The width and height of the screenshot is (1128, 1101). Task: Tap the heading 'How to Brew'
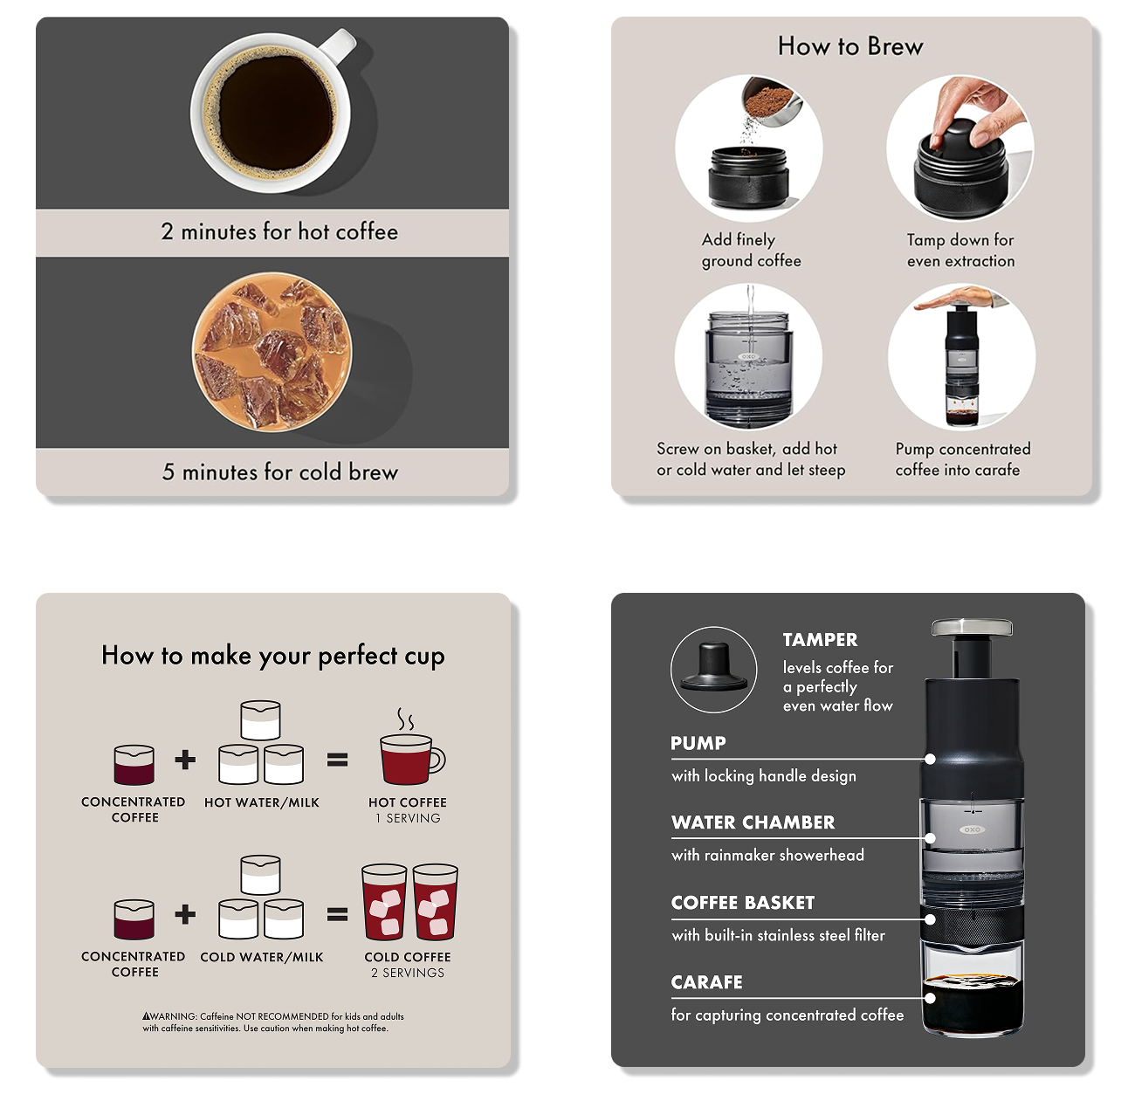pyautogui.click(x=849, y=46)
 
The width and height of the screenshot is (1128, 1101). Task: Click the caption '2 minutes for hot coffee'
pyautogui.click(x=279, y=232)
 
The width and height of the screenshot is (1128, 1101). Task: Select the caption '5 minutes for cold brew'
pyautogui.click(x=280, y=472)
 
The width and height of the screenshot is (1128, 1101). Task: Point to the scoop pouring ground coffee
pyautogui.click(x=772, y=103)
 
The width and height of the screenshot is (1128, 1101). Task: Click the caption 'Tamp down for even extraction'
pyautogui.click(x=960, y=251)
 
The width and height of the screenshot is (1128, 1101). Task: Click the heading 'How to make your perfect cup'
pyautogui.click(x=273, y=657)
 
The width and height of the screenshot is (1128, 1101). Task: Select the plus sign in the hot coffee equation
pyautogui.click(x=185, y=760)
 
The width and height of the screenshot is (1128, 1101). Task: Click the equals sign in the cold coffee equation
pyautogui.click(x=337, y=914)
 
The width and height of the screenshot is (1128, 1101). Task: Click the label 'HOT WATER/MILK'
pyautogui.click(x=261, y=802)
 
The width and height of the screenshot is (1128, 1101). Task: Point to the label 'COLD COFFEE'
pyautogui.click(x=408, y=957)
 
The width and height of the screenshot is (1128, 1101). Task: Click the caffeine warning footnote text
pyautogui.click(x=273, y=1022)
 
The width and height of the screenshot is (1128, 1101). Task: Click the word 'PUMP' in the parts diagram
pyautogui.click(x=698, y=743)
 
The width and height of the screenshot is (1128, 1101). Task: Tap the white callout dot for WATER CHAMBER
pyautogui.click(x=930, y=838)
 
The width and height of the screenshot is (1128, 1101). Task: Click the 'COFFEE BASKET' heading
pyautogui.click(x=742, y=903)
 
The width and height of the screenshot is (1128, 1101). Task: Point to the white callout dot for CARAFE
pyautogui.click(x=930, y=998)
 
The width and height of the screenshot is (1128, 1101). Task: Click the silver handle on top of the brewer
pyautogui.click(x=972, y=627)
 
